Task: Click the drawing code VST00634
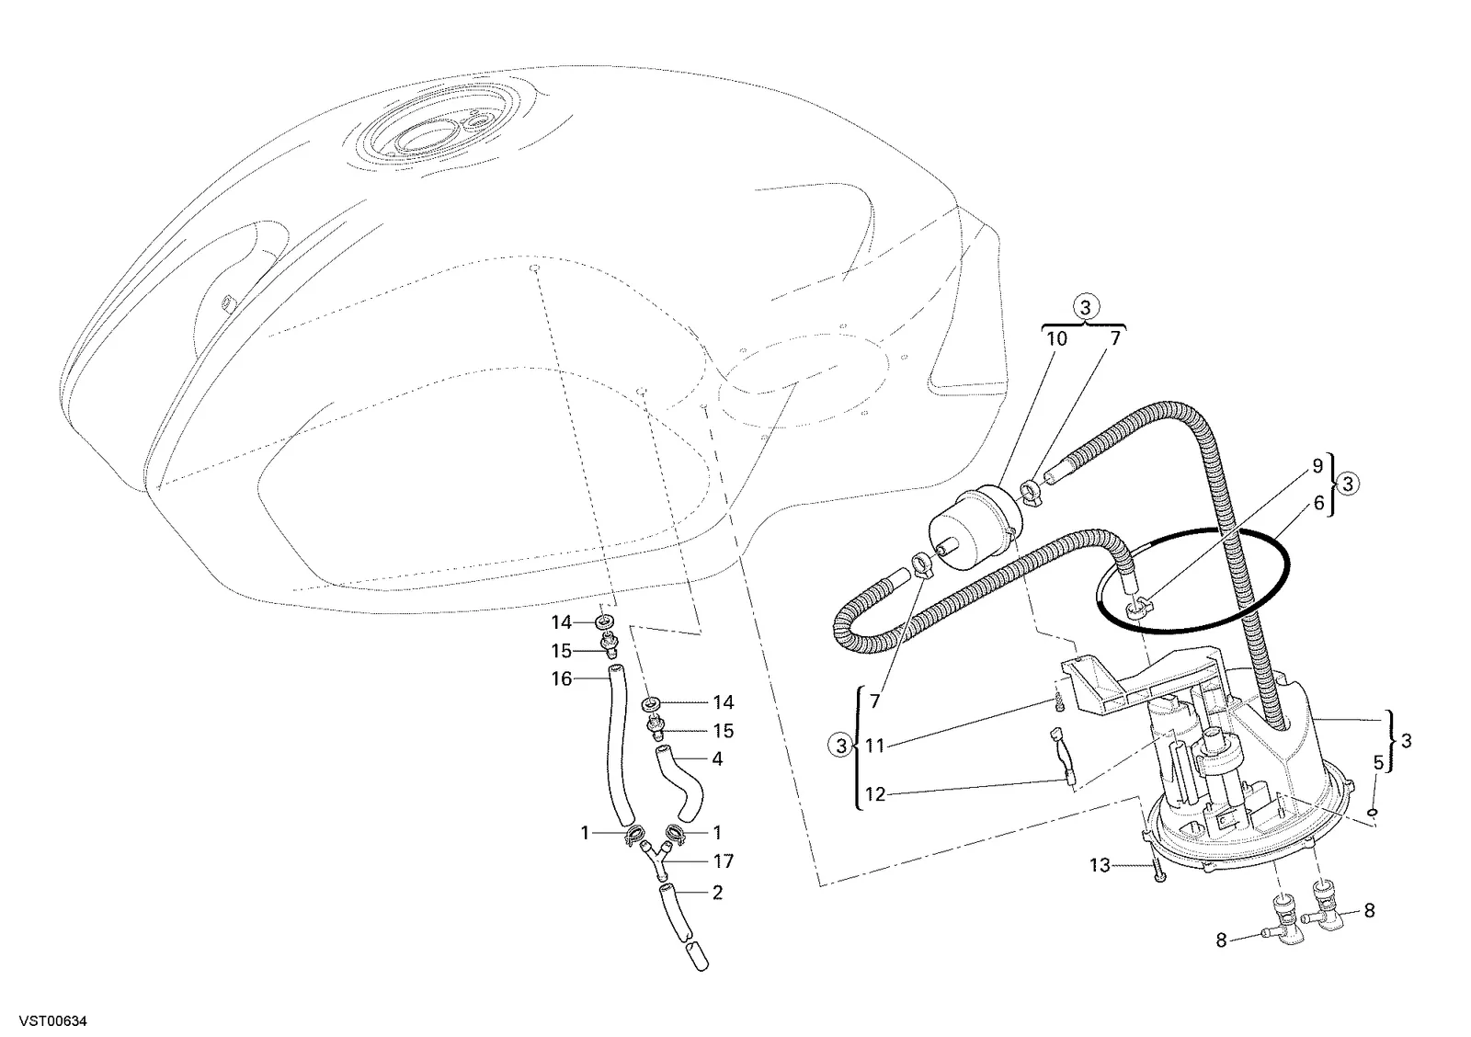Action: [x=52, y=1021]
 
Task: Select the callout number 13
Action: [x=1100, y=866]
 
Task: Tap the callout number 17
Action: [x=723, y=861]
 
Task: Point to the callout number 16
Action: [x=562, y=678]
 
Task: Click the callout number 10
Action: [x=1056, y=339]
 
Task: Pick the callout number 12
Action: [x=875, y=794]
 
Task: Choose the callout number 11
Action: [x=875, y=746]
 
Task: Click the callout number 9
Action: [x=1317, y=465]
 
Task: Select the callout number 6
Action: [x=1318, y=503]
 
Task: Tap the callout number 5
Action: [x=1378, y=762]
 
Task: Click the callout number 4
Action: [x=717, y=758]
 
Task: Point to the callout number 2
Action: [x=717, y=893]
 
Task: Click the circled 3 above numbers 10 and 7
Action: [x=1085, y=307]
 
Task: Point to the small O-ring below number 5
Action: [x=1372, y=813]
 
